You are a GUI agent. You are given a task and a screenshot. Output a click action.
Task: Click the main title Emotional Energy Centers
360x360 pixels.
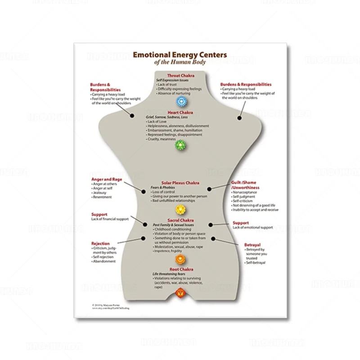tap(180, 55)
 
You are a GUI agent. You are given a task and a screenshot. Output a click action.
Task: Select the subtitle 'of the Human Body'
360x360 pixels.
tap(180, 62)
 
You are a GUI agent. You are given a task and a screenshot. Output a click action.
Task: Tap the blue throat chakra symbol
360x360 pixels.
tap(180, 101)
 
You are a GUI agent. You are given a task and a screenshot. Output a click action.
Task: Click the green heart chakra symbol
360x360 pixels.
tap(180, 144)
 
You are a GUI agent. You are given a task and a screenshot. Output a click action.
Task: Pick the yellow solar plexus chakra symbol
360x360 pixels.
tap(180, 209)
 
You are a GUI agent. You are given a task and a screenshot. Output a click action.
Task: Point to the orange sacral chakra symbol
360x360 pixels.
tap(180, 259)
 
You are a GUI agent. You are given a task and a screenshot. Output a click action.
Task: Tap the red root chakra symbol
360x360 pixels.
tap(180, 294)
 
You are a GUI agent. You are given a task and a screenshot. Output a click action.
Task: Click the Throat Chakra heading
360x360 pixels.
tap(180, 76)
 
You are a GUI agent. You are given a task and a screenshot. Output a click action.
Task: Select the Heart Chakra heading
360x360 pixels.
tap(180, 112)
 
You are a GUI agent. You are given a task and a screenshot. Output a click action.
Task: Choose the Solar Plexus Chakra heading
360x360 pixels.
tap(180, 183)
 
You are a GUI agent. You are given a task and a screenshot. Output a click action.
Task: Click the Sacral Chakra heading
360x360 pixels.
tap(180, 220)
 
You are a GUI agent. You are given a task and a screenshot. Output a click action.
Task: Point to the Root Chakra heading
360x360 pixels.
tap(180, 269)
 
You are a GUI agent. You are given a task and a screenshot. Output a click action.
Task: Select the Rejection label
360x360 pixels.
tap(100, 243)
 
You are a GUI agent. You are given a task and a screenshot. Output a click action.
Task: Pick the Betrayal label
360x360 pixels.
tap(252, 245)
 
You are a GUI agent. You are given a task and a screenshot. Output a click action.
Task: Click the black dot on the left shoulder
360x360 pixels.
tap(132, 116)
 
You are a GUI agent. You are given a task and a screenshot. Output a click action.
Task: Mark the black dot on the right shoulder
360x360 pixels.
tap(239, 117)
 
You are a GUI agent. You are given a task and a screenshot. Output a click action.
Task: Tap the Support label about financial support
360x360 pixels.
tap(99, 214)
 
